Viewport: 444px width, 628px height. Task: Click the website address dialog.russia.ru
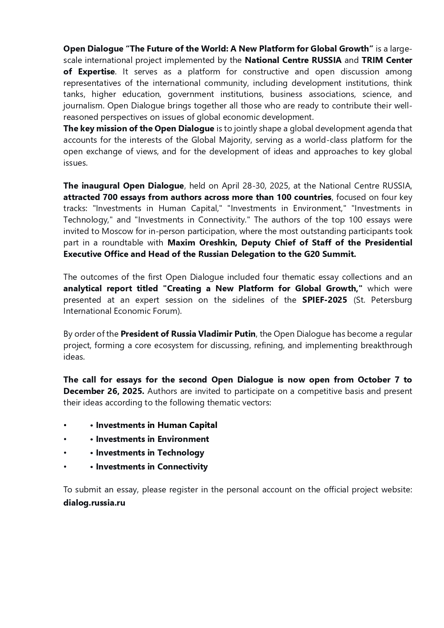(94, 503)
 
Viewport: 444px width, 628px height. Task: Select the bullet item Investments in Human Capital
(156, 425)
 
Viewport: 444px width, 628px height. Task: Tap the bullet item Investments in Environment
(152, 439)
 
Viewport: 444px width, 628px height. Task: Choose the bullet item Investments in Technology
(150, 453)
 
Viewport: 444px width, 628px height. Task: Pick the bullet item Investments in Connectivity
(152, 467)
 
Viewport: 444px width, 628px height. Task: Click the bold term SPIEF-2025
(325, 300)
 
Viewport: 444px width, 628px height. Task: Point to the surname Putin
(244, 334)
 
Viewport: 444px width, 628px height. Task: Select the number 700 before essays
(110, 197)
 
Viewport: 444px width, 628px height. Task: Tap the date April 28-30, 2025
(255, 186)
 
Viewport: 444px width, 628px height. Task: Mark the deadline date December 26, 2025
(104, 391)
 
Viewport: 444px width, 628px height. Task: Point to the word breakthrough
(386, 345)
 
